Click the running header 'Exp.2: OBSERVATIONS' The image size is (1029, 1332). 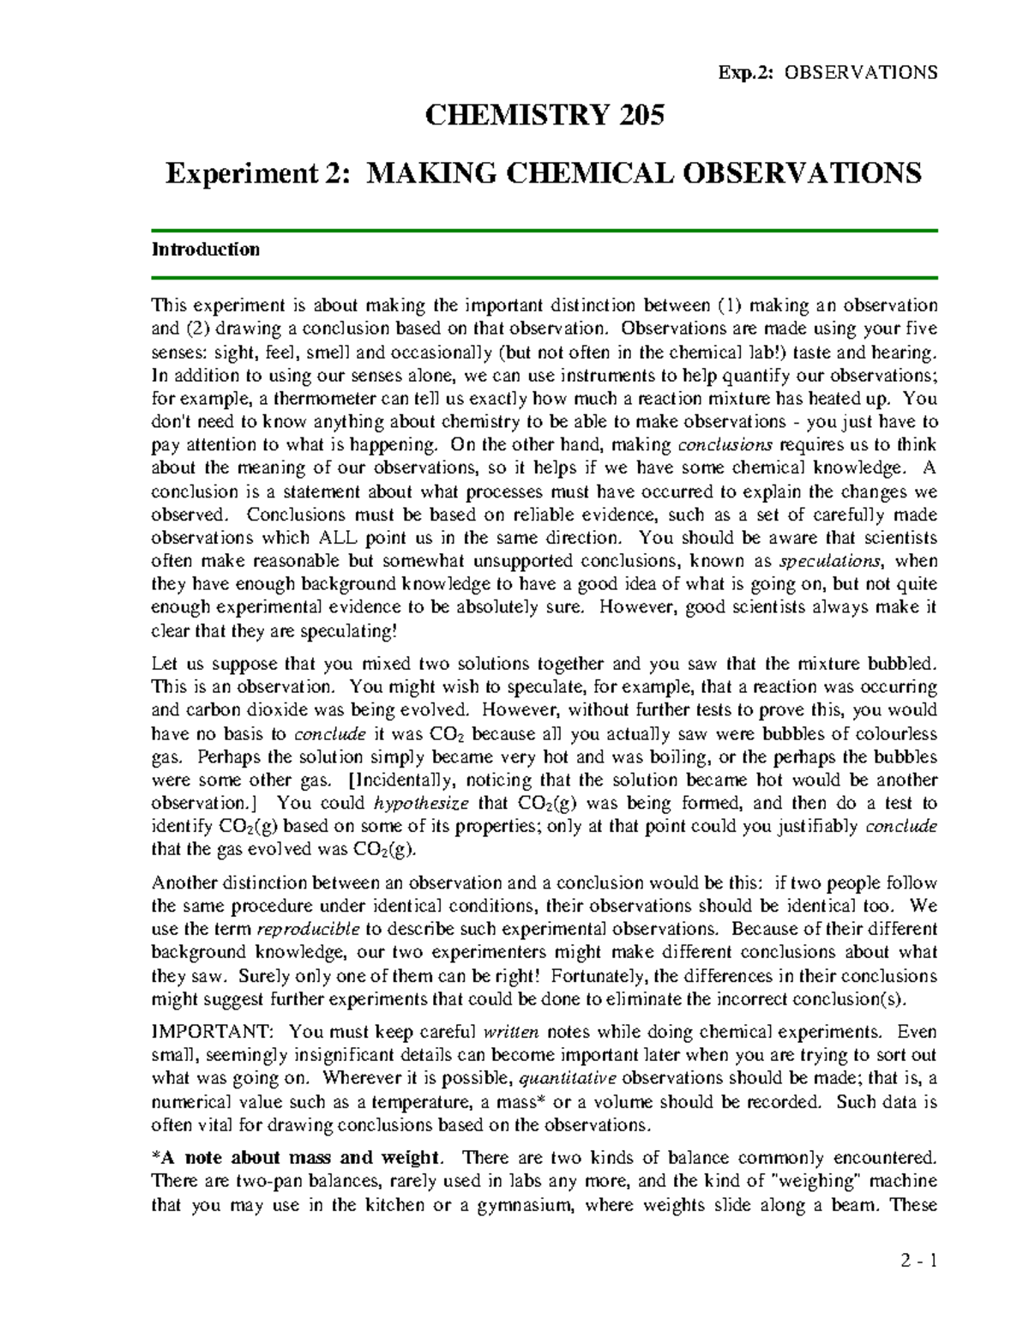point(827,72)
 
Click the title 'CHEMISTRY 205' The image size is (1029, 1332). point(545,115)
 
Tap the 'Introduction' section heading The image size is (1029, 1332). point(206,250)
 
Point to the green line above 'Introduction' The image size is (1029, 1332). point(545,231)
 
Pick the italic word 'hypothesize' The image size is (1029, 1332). point(422,804)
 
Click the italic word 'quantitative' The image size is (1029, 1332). point(568,1078)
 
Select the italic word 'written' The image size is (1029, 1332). point(512,1032)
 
